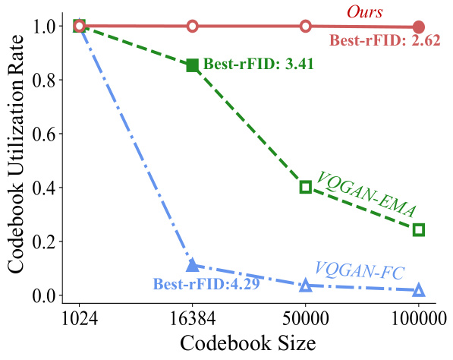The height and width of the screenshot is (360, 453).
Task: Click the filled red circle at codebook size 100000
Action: [x=418, y=27]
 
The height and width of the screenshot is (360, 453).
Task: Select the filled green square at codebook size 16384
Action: [x=192, y=65]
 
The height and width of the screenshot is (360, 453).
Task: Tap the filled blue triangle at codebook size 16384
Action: [x=192, y=265]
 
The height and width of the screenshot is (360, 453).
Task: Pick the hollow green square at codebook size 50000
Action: [x=305, y=187]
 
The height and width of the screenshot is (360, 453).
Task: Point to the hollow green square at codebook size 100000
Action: [x=418, y=229]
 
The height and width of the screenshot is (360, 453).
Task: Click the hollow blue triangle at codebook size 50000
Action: [x=305, y=286]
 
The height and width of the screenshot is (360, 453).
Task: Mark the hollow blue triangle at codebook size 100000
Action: [x=418, y=290]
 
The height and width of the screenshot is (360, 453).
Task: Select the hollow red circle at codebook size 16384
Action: [x=192, y=27]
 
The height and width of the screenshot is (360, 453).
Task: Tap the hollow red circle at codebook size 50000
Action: [x=305, y=27]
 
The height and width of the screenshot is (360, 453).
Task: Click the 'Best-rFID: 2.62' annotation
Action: [x=384, y=41]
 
